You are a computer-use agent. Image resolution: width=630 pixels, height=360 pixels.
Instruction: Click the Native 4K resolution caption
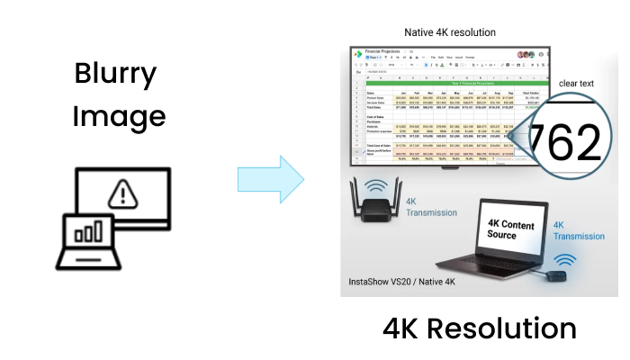pyautogui.click(x=450, y=32)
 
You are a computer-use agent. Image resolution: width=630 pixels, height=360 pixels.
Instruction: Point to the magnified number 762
pyautogui.click(x=563, y=141)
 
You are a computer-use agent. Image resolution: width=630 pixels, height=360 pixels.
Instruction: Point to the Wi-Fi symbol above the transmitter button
pyautogui.click(x=564, y=260)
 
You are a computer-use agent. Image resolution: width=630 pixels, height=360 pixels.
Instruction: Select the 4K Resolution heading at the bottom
pyautogui.click(x=480, y=326)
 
